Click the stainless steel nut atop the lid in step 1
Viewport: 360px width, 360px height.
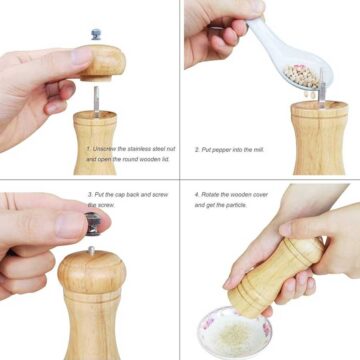[x=96, y=34]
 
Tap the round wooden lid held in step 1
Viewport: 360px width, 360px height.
[x=101, y=61]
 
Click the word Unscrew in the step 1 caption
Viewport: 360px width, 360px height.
[x=103, y=149]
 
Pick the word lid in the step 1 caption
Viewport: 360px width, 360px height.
[x=160, y=160]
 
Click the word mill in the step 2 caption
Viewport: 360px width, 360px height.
[x=259, y=149]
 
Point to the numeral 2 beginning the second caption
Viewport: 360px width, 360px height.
[x=196, y=149]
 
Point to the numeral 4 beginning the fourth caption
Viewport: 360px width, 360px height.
[x=196, y=195]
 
